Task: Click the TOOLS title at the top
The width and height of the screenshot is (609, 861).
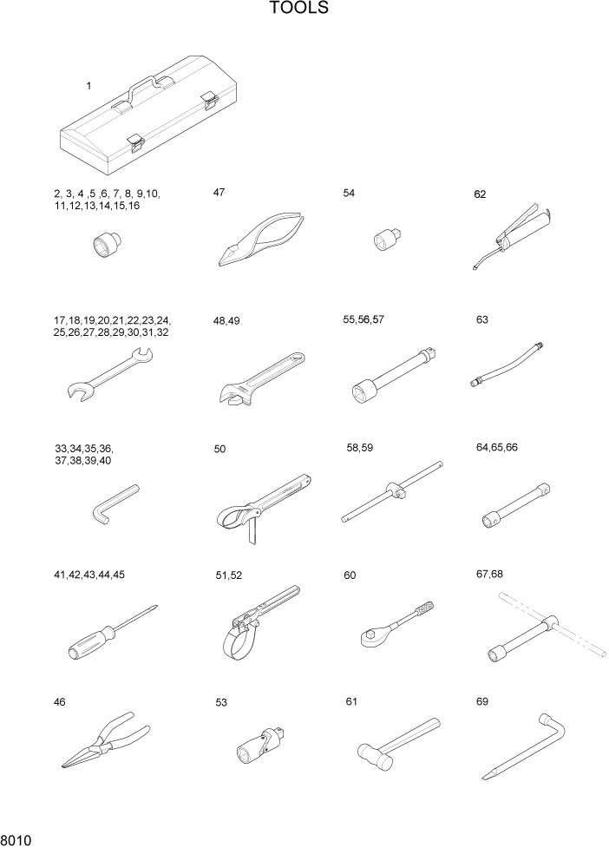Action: [298, 10]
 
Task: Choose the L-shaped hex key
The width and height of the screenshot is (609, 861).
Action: [112, 503]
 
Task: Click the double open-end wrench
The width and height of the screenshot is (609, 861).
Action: [109, 374]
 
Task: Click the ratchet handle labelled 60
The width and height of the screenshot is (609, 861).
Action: [395, 625]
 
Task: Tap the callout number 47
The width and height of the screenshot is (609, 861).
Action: [219, 192]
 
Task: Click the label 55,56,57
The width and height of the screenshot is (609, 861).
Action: [363, 319]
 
